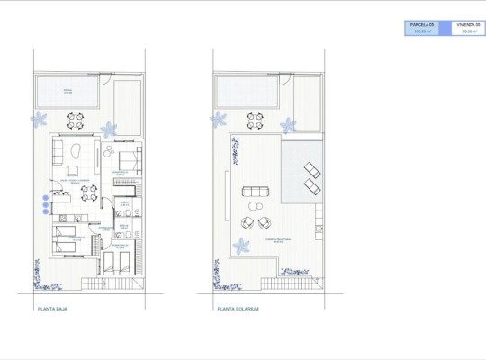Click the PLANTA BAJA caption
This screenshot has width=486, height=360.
click(55, 309)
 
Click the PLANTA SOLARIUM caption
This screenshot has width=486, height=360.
click(238, 309)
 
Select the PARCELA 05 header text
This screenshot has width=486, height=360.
click(422, 24)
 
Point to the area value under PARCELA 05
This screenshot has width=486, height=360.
click(422, 31)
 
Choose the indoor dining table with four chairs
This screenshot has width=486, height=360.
click(110, 152)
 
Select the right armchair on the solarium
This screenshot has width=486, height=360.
click(265, 222)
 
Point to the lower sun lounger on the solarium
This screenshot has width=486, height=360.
click(311, 186)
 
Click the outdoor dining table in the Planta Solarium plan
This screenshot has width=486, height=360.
click(256, 119)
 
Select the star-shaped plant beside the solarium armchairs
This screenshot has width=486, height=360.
click(241, 246)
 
